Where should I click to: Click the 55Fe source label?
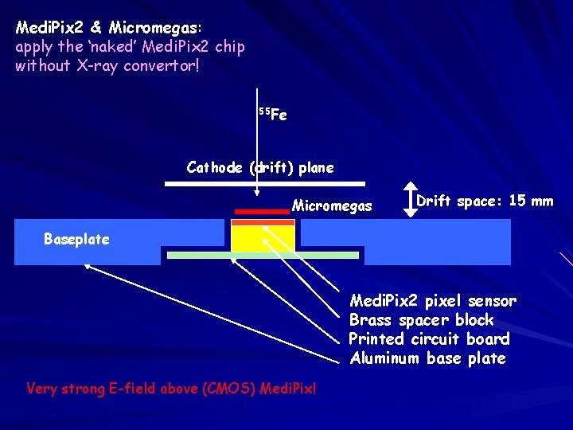pos(272,115)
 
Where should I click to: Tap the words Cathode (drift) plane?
pos(259,167)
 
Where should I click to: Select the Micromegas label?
pos(332,206)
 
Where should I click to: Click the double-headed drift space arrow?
pos(404,201)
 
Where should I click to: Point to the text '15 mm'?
pos(531,201)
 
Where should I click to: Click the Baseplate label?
pos(76,239)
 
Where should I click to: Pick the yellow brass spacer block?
pos(263,238)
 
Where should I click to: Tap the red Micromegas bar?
pos(261,212)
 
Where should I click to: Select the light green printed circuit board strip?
pos(263,256)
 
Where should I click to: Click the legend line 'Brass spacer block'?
pos(421,320)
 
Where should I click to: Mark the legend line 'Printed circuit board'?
pos(429,339)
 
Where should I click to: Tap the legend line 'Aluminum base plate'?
pos(427,358)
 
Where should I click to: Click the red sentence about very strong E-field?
pos(171,389)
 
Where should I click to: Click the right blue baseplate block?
pos(437,241)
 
